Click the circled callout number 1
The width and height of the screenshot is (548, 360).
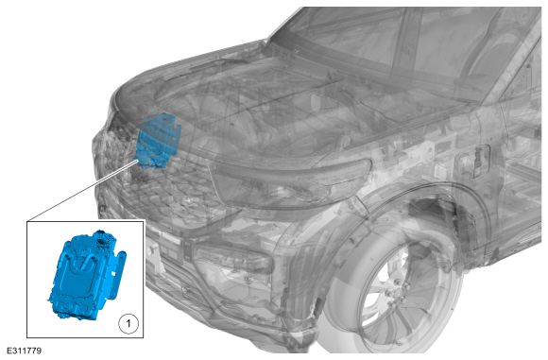point(128,323)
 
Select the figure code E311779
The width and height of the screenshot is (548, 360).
point(24,351)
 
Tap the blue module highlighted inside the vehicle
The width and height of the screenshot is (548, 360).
point(158,141)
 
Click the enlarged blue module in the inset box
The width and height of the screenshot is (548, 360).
point(87,275)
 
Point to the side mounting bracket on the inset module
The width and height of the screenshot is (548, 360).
point(118,275)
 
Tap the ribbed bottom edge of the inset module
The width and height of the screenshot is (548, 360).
point(74,310)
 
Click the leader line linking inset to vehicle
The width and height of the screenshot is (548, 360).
point(83,191)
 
